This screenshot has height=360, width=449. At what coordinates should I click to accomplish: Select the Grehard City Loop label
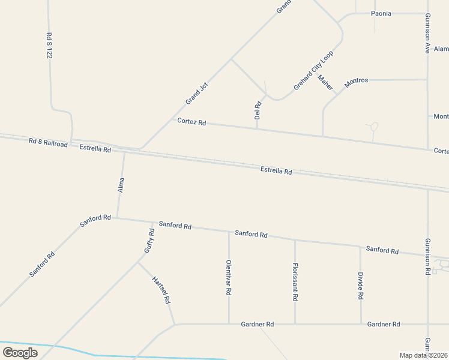[313, 71]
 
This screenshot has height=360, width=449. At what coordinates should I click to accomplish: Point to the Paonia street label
[382, 13]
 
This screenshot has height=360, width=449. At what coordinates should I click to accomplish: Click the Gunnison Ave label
[427, 34]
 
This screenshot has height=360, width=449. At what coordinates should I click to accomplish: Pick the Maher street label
[325, 83]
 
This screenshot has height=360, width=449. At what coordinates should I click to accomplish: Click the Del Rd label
[258, 110]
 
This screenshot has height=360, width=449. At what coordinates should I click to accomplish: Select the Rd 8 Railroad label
[48, 143]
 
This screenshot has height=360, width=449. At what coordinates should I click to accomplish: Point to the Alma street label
[121, 184]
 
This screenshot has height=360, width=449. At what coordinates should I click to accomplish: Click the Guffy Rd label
[149, 240]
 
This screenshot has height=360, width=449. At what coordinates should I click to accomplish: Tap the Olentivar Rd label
[229, 277]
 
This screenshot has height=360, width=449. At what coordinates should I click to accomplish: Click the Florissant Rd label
[295, 281]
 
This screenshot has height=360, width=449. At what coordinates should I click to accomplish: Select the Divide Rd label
[361, 286]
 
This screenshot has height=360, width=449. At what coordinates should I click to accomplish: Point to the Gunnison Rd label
[427, 256]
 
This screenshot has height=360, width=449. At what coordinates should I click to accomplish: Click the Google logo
[20, 352]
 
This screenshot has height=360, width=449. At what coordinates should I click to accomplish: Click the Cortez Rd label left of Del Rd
[191, 122]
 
